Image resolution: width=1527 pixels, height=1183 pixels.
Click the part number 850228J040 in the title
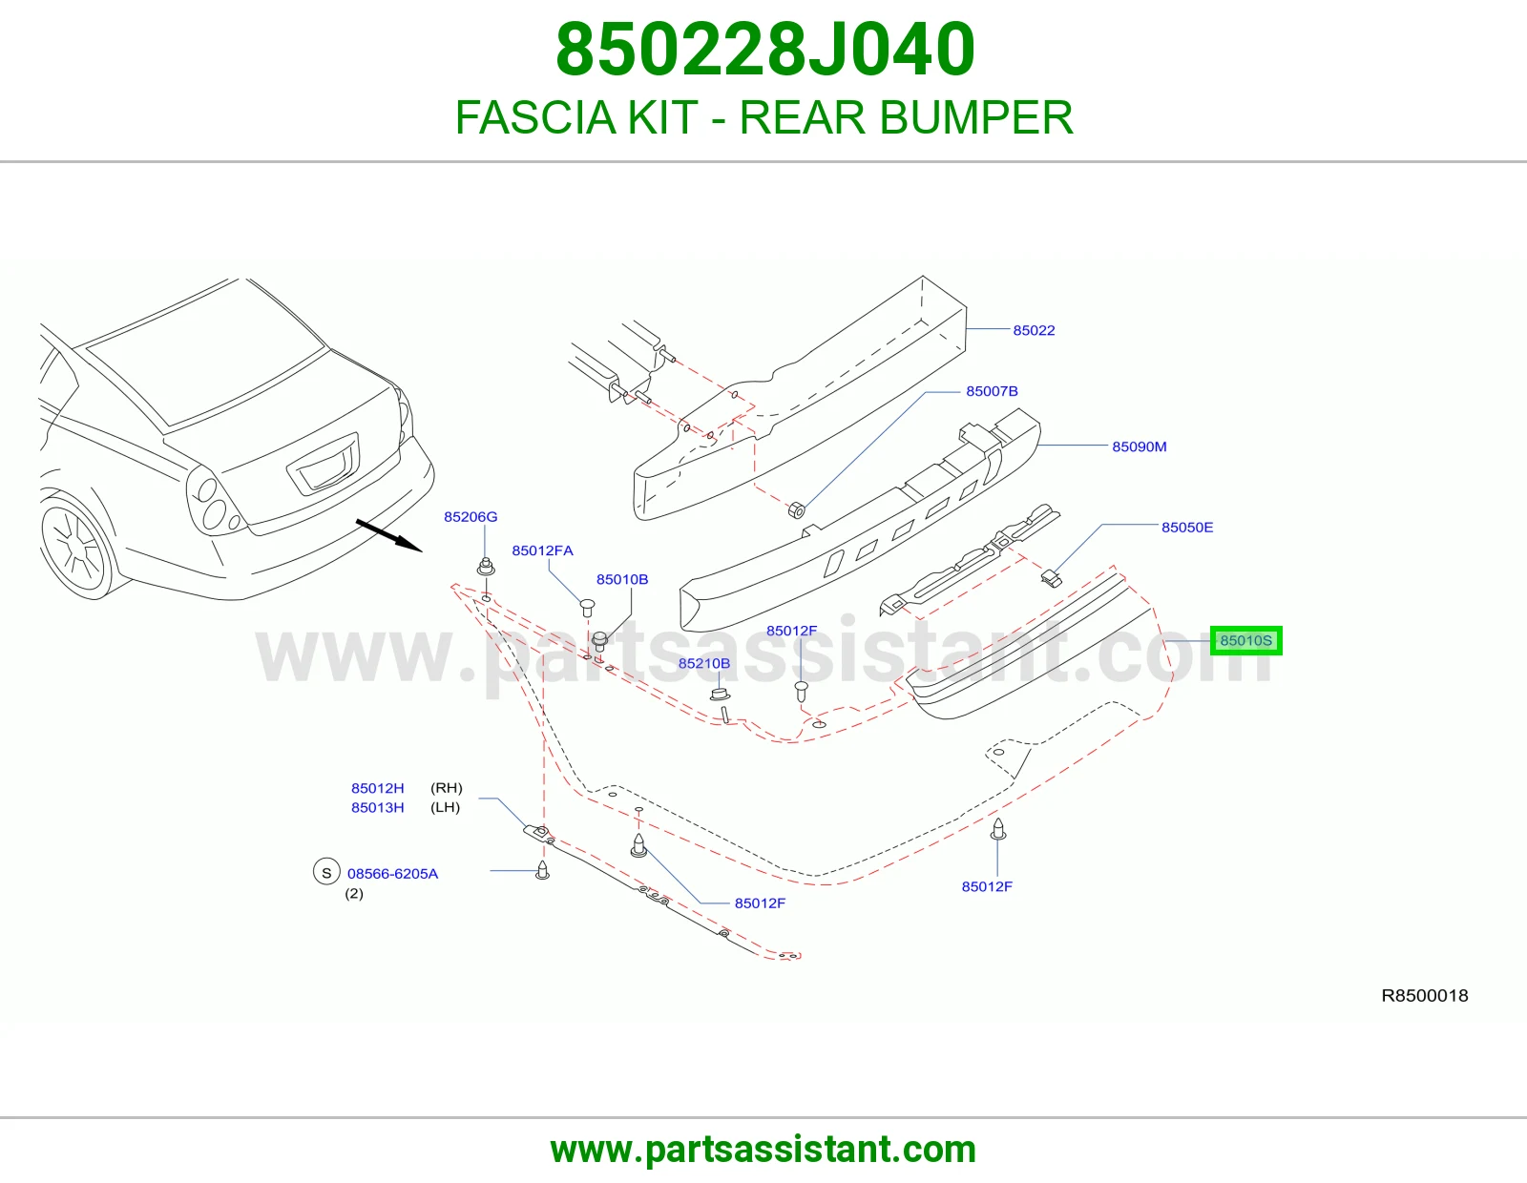[764, 50]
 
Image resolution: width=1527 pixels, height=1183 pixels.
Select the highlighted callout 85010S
[1245, 640]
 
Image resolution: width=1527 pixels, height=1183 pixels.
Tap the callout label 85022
[1034, 330]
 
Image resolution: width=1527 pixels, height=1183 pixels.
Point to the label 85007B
[992, 391]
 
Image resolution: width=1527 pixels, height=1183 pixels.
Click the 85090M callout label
[1140, 446]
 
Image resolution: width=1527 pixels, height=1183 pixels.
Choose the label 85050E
[1187, 528]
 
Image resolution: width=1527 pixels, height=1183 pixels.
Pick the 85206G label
[471, 517]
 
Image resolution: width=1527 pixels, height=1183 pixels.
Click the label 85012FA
[542, 550]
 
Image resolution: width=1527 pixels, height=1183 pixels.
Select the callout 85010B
[622, 579]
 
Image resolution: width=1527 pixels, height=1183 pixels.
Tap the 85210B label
[704, 663]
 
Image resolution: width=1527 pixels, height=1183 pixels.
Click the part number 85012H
[377, 788]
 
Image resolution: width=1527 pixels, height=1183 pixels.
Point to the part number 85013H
[377, 808]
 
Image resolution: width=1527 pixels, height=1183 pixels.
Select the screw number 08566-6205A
[393, 874]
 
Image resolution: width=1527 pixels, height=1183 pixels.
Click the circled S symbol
[326, 873]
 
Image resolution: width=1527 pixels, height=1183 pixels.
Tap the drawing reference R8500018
[1424, 995]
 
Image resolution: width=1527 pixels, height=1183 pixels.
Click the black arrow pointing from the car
[388, 536]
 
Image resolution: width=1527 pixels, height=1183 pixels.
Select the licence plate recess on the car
[324, 465]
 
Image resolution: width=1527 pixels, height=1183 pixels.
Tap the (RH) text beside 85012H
[447, 788]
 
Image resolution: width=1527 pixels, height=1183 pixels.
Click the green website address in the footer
[763, 1150]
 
